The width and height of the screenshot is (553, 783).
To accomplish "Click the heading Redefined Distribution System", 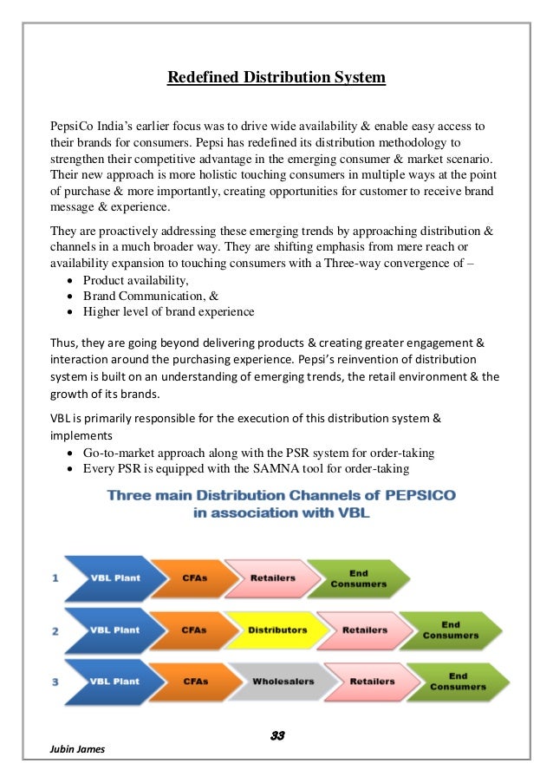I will pos(276,79).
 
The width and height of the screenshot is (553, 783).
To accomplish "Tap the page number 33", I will pos(277,736).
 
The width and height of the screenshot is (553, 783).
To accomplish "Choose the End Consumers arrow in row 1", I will pos(351,578).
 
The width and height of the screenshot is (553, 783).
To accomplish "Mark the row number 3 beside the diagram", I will pos(56,682).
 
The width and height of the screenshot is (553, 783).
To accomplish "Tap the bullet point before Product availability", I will pos(69,281).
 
